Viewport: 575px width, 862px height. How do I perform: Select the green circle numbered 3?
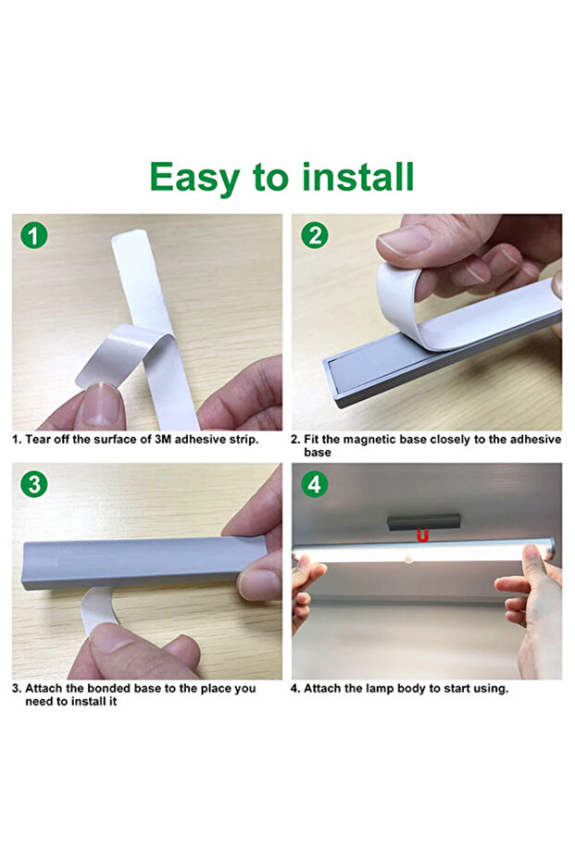tap(34, 483)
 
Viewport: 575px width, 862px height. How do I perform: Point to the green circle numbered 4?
tap(315, 483)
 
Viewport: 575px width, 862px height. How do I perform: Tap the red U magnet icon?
tap(423, 535)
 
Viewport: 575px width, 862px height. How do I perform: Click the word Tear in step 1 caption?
tap(38, 439)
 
